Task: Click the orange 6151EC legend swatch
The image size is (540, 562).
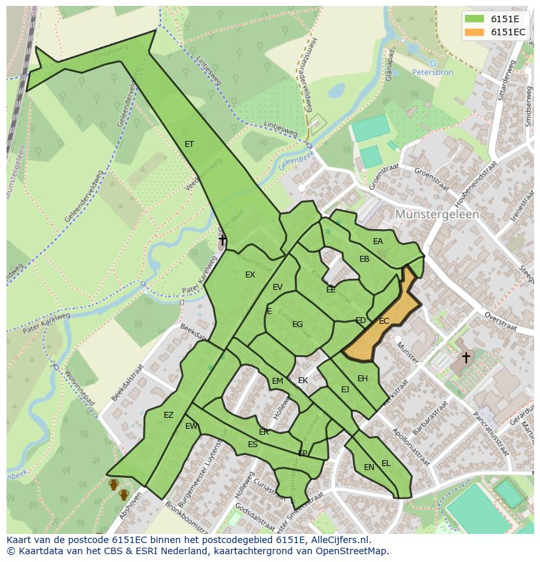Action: (x=475, y=32)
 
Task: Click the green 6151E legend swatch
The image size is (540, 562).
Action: (x=475, y=19)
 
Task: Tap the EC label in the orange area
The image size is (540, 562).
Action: (x=384, y=321)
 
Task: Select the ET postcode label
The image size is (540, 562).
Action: (x=189, y=144)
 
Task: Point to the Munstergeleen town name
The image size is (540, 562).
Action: (x=437, y=214)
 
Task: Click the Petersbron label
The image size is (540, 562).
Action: (x=432, y=72)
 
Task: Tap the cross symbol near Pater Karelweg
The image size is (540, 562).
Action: (x=222, y=240)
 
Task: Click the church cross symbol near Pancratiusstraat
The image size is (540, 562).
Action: (x=466, y=357)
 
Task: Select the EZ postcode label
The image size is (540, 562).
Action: (x=169, y=415)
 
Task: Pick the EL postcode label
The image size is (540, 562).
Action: (x=386, y=463)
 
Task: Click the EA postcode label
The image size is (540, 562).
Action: (x=378, y=242)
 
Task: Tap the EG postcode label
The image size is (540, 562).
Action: (x=297, y=324)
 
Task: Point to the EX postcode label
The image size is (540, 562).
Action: (x=250, y=275)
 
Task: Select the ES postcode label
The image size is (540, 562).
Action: (x=252, y=445)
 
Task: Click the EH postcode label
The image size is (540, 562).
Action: (x=363, y=379)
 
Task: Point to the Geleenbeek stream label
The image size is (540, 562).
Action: (x=296, y=159)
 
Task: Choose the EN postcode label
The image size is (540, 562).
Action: (x=369, y=467)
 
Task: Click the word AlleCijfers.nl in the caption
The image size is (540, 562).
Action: (x=338, y=540)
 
